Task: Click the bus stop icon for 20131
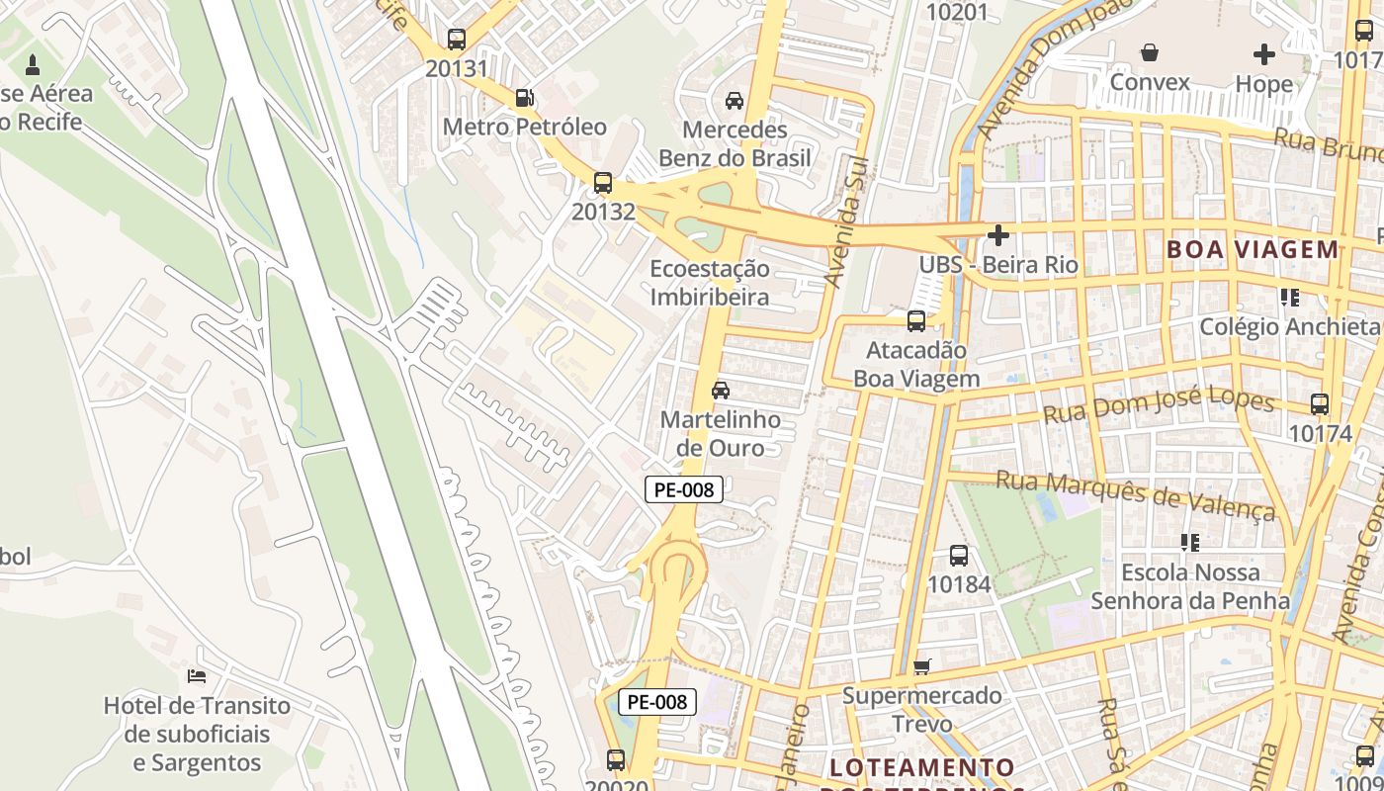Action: pos(456,40)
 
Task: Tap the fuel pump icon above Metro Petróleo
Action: pos(525,97)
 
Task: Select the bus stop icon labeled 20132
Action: pos(602,183)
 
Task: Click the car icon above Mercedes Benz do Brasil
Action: pos(735,100)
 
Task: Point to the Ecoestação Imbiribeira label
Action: pos(709,283)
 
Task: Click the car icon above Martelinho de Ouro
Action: pos(721,390)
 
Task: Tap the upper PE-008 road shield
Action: pos(684,488)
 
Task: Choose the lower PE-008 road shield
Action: pos(657,702)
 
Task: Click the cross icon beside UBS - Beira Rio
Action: pos(998,235)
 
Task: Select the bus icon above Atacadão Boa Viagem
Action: pos(916,320)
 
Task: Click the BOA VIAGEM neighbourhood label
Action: pos(1253,249)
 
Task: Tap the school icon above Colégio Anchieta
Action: pos(1289,297)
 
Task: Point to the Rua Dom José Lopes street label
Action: pos(1159,404)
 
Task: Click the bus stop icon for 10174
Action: pos(1320,403)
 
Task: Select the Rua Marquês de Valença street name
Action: pos(1136,494)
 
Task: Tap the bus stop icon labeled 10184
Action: pos(958,556)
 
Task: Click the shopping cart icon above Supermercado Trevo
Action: pos(921,666)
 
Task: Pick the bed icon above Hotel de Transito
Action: pos(197,676)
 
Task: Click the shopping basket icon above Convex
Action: pos(1150,52)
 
